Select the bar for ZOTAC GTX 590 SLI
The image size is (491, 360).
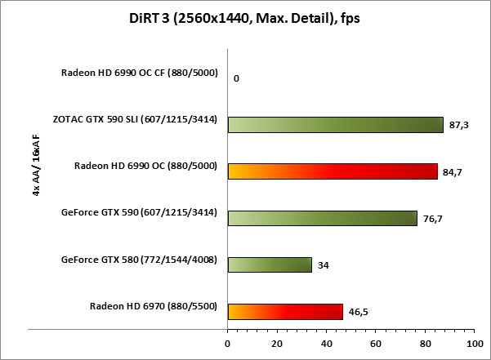tap(335, 124)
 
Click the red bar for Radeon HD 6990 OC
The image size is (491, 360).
tap(332, 171)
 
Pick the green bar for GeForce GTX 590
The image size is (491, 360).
tap(322, 218)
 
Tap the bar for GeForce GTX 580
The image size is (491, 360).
tap(270, 264)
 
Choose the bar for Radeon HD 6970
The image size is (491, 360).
tap(285, 311)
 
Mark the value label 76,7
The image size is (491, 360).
tap(434, 219)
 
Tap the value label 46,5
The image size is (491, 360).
tap(359, 312)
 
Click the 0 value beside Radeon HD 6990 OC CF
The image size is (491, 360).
tap(236, 78)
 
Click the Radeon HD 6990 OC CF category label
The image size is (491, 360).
tap(139, 73)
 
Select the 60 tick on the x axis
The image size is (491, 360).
tap(376, 343)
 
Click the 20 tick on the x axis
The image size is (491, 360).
tap(277, 343)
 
